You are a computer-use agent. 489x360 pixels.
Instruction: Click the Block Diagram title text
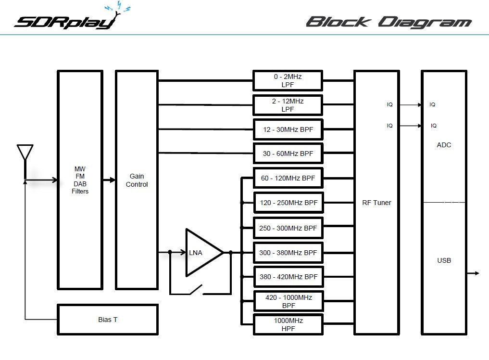389,22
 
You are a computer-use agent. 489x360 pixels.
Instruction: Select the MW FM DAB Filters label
80,180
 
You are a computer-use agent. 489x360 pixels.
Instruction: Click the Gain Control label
137,180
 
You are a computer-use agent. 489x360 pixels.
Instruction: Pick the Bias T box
108,320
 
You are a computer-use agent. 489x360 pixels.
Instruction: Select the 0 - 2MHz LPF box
288,80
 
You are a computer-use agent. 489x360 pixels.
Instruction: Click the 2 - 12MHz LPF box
288,105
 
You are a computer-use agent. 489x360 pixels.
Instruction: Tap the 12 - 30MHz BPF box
288,129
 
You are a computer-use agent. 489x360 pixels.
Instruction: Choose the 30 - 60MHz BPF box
288,154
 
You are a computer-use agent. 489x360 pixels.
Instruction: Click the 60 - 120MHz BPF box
288,178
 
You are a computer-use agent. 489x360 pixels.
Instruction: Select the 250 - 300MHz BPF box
288,228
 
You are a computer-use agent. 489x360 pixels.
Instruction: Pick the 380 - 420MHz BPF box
288,277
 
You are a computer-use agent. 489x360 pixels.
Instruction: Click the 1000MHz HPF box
288,325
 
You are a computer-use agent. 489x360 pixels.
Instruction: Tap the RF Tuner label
376,203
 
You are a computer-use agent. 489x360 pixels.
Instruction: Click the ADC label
444,145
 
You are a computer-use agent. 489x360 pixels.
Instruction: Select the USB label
444,260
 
